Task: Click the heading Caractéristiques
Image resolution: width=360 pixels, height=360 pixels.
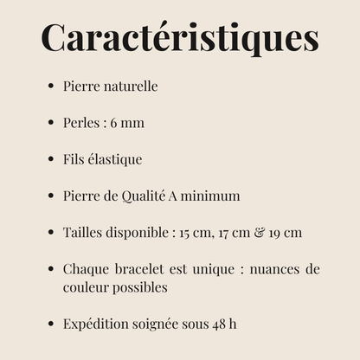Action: click(x=180, y=37)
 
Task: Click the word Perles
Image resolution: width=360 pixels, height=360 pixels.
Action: click(x=80, y=123)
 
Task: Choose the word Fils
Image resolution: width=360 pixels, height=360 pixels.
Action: click(x=74, y=159)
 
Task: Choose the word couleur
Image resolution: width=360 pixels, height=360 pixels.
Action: click(x=87, y=286)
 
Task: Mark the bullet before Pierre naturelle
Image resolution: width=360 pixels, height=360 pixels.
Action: click(x=52, y=87)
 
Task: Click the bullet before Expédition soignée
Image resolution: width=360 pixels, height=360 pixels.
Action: click(x=52, y=324)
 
